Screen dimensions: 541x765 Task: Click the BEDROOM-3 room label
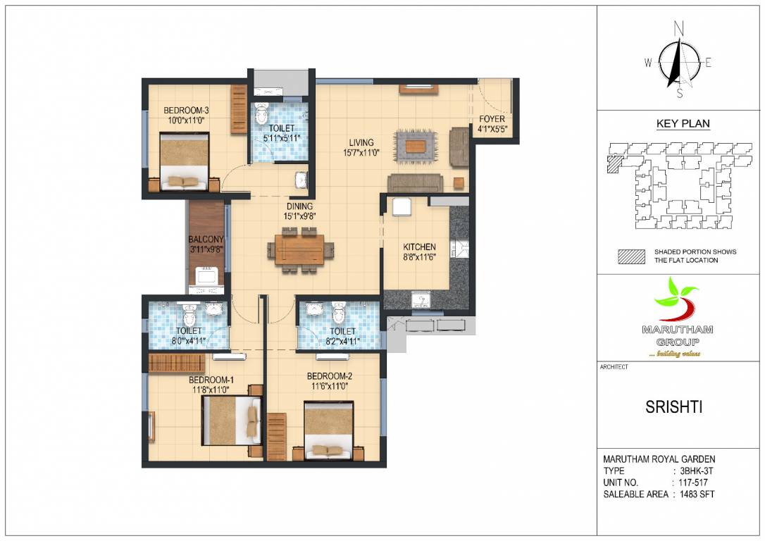(186, 110)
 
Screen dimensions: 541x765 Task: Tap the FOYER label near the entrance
(492, 119)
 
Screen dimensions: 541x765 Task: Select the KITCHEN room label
(419, 247)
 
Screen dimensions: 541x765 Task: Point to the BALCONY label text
(206, 240)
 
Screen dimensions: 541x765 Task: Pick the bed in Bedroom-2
(329, 430)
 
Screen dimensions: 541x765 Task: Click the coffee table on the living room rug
(415, 146)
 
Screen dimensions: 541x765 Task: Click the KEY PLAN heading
(683, 124)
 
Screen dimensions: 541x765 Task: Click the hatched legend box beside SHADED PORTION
(631, 256)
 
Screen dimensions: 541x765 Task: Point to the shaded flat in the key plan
(613, 163)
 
